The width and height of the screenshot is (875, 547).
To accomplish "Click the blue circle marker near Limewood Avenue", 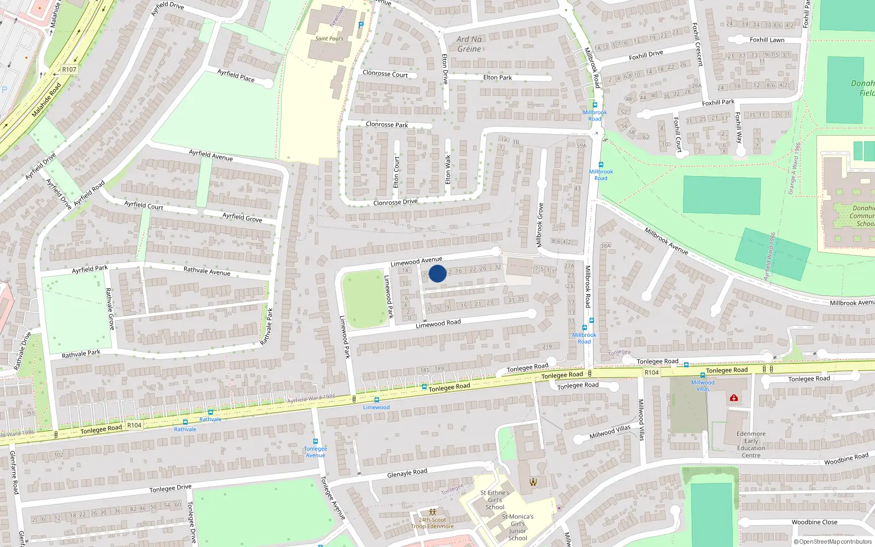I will coord(437,273).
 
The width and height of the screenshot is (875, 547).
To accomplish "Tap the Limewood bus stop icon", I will coord(377,400).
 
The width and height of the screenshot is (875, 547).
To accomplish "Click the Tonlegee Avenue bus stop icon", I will coord(316,442).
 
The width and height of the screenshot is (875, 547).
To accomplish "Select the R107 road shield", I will coord(69,69).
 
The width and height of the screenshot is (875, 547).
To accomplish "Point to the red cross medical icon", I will coord(734,398).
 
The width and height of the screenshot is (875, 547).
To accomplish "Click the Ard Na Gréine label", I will coord(469,44).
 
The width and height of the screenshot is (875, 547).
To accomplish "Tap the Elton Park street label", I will coord(498,78).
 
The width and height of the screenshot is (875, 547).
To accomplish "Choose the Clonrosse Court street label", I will coord(385,74).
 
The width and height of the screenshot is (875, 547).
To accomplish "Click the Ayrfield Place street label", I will coord(236,75).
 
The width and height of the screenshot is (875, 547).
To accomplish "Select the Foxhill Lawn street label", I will coord(767,40).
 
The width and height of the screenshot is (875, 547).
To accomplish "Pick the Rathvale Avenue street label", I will coord(207,271).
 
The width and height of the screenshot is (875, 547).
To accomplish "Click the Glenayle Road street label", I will coord(407,473).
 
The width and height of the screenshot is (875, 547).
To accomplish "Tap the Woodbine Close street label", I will coord(814,522).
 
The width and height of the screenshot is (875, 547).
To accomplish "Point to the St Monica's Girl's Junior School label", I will coord(517,527).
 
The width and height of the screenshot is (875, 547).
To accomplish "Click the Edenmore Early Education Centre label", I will coord(751,444).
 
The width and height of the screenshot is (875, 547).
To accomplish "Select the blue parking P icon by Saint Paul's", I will coord(360,25).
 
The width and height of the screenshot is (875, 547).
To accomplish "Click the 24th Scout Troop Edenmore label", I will coord(433,523).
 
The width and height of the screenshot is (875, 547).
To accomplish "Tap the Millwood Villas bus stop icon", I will coord(703,376).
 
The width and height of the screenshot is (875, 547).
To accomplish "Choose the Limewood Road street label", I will coord(438,324).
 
